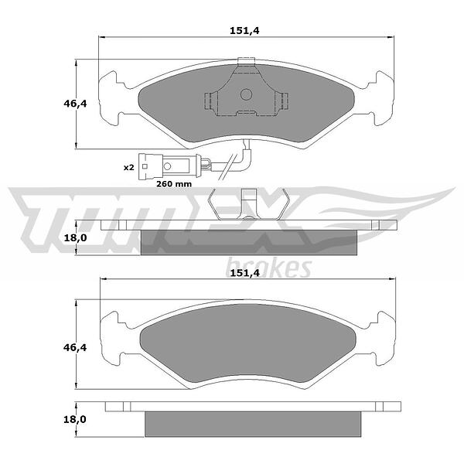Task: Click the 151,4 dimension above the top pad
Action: pos(244,30)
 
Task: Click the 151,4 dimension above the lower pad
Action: pos(244,273)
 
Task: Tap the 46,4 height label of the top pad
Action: pos(75,104)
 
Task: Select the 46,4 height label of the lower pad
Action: pos(75,347)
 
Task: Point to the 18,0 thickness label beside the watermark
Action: pos(75,237)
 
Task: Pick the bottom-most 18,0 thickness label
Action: pos(75,419)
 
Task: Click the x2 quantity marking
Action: pos(128,168)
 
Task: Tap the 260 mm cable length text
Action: pos(174,184)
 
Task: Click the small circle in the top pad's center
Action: pos(246,94)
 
